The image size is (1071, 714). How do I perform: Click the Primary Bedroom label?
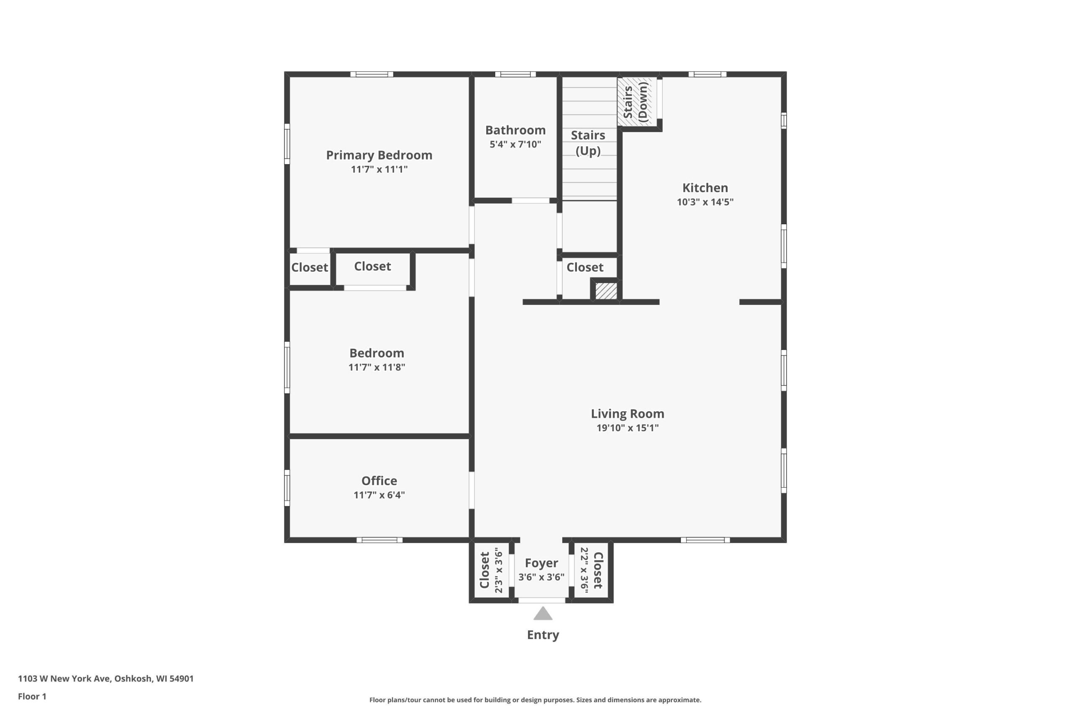379,155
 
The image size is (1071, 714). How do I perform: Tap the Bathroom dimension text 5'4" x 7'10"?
515,144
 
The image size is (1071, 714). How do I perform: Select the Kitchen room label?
705,188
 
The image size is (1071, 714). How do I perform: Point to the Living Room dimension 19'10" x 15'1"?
628,427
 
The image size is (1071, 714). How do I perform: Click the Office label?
379,481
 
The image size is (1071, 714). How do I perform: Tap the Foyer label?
541,563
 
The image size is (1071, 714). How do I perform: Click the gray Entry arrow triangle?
543,613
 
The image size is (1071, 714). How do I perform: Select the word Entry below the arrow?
543,635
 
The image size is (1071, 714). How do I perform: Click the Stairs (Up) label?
588,143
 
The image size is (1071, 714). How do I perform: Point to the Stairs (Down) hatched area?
637,102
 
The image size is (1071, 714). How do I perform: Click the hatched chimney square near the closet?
606,291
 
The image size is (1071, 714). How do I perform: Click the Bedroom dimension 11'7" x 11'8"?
377,367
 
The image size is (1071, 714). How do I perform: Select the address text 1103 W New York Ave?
64,678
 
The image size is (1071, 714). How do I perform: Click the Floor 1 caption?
32,696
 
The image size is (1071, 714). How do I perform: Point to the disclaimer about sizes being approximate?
535,700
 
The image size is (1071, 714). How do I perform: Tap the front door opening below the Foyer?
542,600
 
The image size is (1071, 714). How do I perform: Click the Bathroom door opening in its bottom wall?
530,200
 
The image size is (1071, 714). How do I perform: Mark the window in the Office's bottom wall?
379,540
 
